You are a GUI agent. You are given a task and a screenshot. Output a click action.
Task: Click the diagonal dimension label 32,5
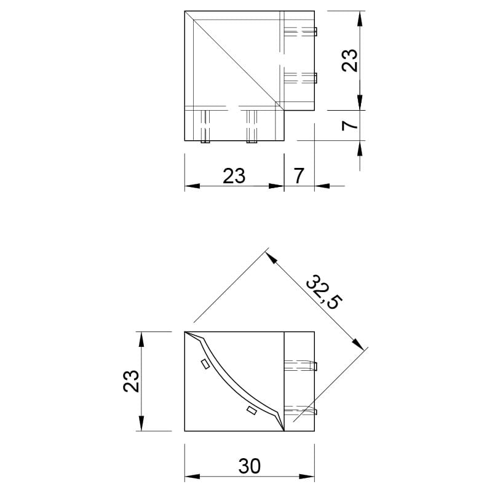coord(324,292)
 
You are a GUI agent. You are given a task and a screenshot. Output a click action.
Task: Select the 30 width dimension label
coord(250,466)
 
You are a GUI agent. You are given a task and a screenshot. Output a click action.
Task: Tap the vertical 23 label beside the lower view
coord(131,381)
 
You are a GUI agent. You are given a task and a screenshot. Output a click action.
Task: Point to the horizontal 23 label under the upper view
coord(234,176)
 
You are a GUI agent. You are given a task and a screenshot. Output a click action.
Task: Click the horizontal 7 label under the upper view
coord(299,176)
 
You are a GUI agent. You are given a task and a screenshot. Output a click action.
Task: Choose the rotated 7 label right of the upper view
coord(349,125)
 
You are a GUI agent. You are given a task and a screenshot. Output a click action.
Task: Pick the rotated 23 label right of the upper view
coord(349,60)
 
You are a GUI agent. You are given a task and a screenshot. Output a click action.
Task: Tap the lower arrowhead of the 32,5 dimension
coord(358,343)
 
